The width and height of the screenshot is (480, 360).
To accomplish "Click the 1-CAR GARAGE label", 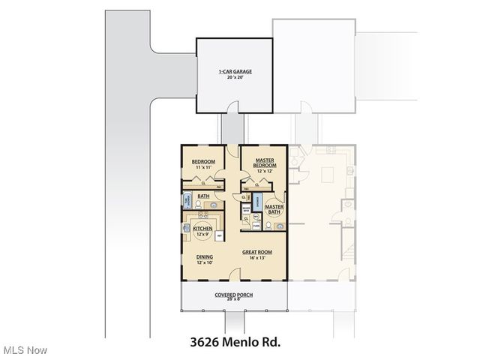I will point(235,72).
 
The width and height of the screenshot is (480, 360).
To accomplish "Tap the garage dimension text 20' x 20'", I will point(235,78).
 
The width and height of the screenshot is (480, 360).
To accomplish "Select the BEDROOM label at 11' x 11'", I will point(204,162).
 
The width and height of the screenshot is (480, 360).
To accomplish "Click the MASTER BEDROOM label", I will point(264,162).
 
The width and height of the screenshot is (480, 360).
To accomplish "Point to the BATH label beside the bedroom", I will point(203,196).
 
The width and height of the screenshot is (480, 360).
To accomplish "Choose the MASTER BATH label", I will point(274,209).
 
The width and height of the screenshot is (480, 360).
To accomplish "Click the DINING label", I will point(205,256).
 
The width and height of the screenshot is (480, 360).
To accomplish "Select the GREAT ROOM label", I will point(256,252).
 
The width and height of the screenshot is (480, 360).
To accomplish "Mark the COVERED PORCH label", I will point(234,295).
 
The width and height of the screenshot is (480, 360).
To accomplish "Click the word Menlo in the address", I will point(239,343).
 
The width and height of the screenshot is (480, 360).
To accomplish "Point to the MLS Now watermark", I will point(25,350).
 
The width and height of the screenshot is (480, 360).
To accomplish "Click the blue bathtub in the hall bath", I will point(187,202).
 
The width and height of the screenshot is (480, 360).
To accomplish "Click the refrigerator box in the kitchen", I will point(219,235).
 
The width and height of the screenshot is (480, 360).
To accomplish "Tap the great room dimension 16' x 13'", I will point(256,258).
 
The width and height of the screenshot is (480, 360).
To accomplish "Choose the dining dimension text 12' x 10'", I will point(205,262).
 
